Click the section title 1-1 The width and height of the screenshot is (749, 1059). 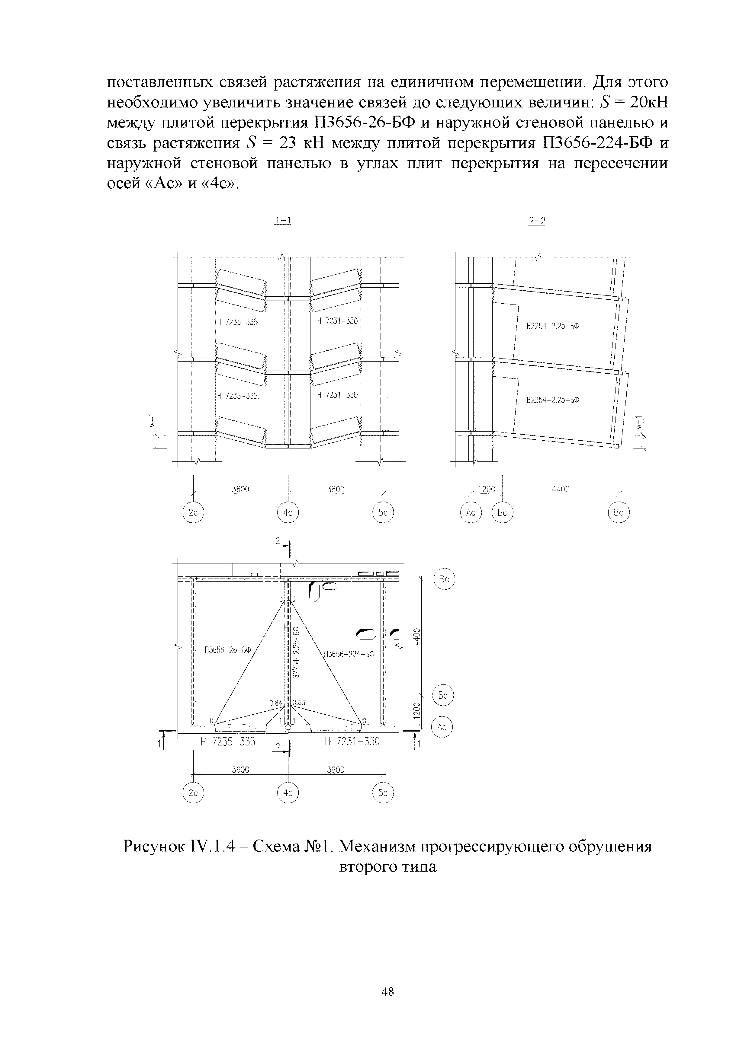pos(282,221)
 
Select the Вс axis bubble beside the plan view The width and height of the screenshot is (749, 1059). pos(444,579)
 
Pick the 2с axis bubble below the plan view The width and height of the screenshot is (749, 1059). pos(193,793)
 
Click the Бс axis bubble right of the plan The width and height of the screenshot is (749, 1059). pos(443,695)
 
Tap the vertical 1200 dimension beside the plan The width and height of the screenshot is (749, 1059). pos(416,711)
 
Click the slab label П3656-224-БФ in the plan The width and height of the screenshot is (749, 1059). pos(349,654)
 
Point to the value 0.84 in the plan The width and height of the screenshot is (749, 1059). pos(275,703)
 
